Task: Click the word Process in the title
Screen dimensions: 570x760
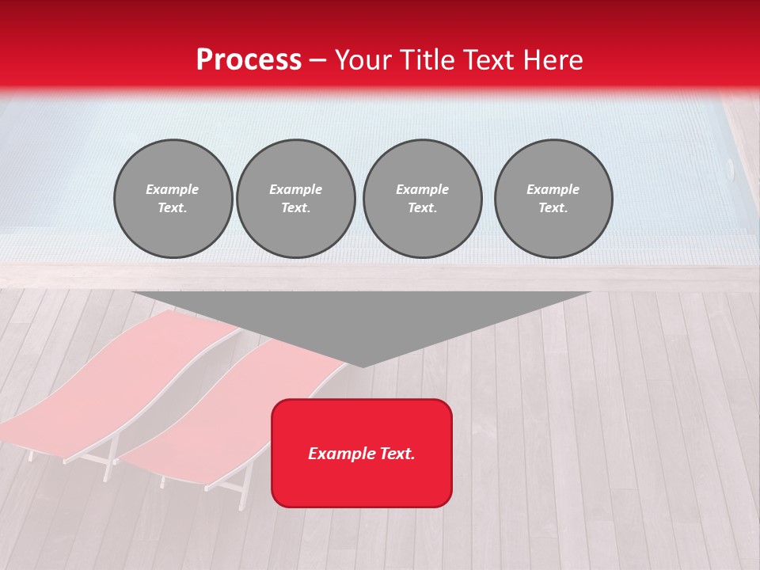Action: pos(249,60)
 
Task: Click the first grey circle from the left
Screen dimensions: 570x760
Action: pos(173,199)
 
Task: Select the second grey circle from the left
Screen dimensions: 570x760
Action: pos(296,199)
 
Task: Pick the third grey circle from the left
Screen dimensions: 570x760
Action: pos(422,199)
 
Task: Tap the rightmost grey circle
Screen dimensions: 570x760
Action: pos(553,199)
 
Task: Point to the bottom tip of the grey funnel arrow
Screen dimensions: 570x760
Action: pos(363,365)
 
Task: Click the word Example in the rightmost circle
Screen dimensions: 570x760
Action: pos(553,189)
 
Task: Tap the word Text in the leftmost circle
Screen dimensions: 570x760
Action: pos(173,208)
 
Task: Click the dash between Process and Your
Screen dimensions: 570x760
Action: pos(317,60)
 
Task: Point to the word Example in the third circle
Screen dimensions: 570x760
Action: pos(422,189)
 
